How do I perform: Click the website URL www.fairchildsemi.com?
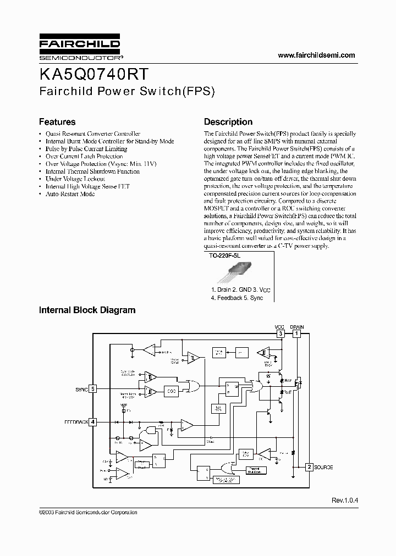316,55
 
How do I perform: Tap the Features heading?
57,122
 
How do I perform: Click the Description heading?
228,122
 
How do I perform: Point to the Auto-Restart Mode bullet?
70,194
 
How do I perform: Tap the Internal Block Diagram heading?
87,310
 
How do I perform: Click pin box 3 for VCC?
280,333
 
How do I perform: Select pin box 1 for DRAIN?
297,333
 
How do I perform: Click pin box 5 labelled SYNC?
94,389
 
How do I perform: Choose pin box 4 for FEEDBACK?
94,422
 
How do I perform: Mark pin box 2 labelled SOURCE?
310,467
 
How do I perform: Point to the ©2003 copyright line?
88,512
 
